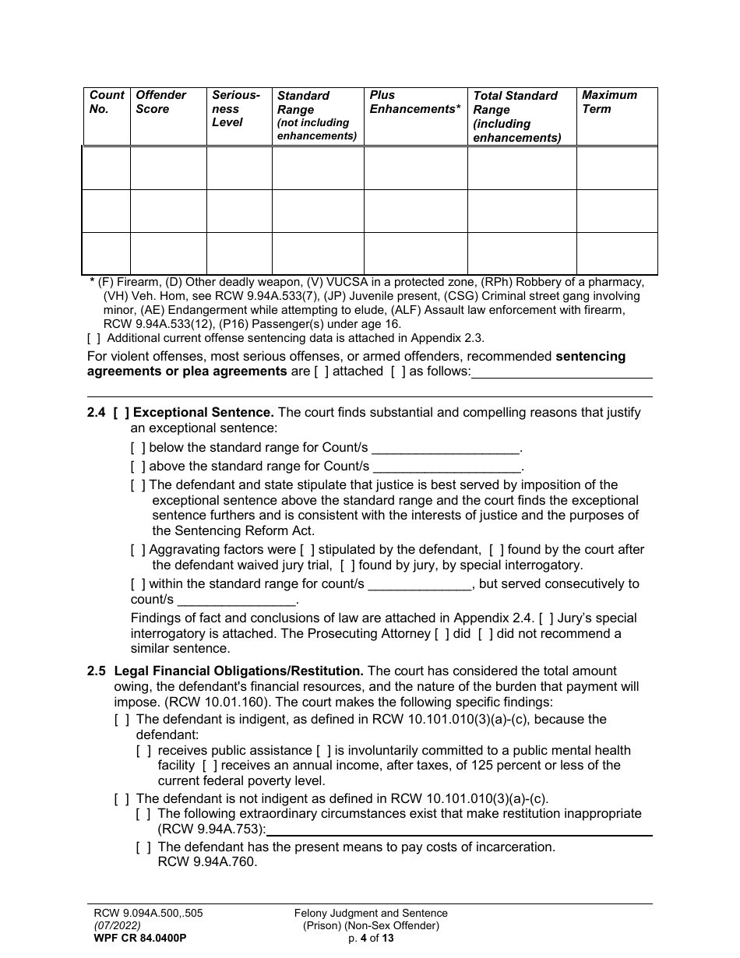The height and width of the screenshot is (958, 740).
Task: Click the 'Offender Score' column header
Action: (x=160, y=102)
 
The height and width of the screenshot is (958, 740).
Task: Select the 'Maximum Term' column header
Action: (x=609, y=102)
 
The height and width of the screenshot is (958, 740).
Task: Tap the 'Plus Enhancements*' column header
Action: (x=414, y=102)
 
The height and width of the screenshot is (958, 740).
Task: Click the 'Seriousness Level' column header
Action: (x=227, y=109)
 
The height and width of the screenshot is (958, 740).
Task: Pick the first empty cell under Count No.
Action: (x=106, y=168)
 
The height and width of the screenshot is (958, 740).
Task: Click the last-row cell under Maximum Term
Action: (x=617, y=253)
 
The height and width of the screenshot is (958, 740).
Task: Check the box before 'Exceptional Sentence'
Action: (x=122, y=413)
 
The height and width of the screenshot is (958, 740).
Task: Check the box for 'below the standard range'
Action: (x=138, y=448)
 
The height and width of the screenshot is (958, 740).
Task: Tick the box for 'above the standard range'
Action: (x=138, y=467)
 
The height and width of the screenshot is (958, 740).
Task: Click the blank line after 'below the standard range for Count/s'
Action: (x=446, y=449)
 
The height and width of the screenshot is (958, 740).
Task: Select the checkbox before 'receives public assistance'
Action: (x=144, y=751)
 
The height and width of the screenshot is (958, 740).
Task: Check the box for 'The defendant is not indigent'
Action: (x=122, y=798)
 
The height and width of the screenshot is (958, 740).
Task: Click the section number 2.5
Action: (x=97, y=671)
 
